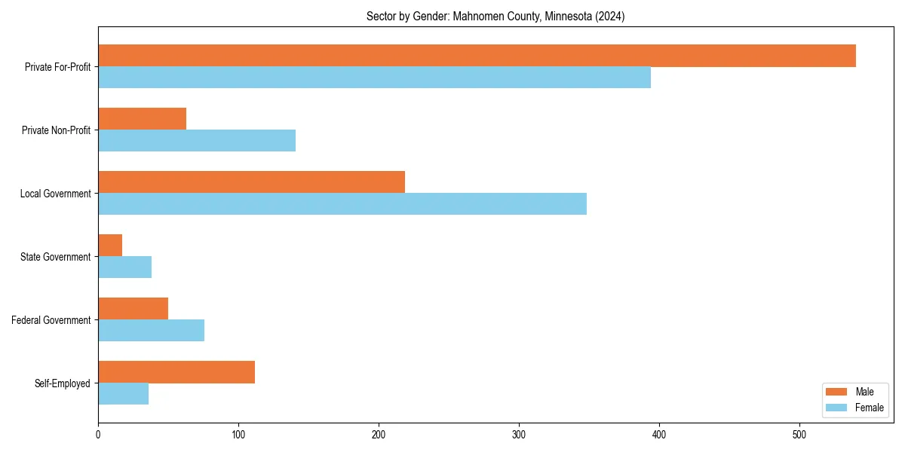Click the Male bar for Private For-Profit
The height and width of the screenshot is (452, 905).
pos(477,56)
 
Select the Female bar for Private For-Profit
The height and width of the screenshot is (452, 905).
pos(374,78)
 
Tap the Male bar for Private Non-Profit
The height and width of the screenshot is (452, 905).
pos(142,119)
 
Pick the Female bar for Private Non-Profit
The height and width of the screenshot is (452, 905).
pos(197,141)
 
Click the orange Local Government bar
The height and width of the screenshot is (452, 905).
pos(251,182)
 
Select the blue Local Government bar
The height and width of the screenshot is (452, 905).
pos(342,204)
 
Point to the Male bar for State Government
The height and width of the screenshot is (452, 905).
pos(110,246)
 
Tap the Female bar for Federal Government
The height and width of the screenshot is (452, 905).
pos(151,331)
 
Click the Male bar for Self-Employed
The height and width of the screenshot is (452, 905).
pos(176,372)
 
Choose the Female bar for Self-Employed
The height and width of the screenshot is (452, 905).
pos(123,394)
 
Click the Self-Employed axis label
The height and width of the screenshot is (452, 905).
pos(63,383)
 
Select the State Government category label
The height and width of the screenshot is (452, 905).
pos(56,257)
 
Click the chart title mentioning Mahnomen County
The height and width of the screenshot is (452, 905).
pos(495,16)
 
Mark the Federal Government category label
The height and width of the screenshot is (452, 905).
pos(51,320)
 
